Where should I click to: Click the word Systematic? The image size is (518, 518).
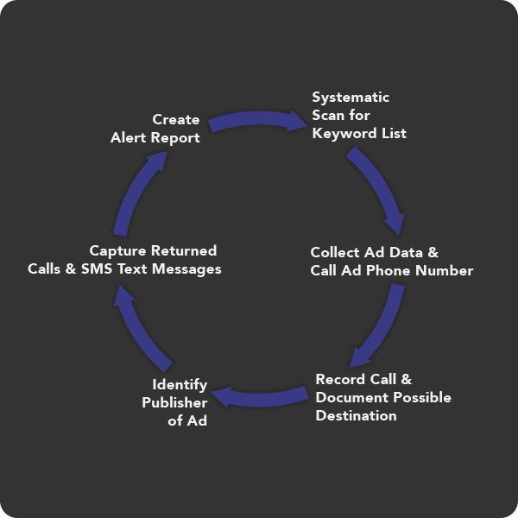(351, 97)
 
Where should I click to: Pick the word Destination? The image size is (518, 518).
(356, 416)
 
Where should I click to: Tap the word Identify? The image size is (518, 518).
(180, 384)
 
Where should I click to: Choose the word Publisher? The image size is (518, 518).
(174, 402)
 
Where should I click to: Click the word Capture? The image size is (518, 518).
(117, 250)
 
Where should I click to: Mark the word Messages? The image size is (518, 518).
(188, 269)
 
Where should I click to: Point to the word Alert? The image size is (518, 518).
(128, 137)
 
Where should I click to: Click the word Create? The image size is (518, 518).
(176, 119)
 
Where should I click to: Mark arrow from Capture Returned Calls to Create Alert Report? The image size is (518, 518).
(138, 192)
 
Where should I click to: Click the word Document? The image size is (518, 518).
(352, 397)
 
